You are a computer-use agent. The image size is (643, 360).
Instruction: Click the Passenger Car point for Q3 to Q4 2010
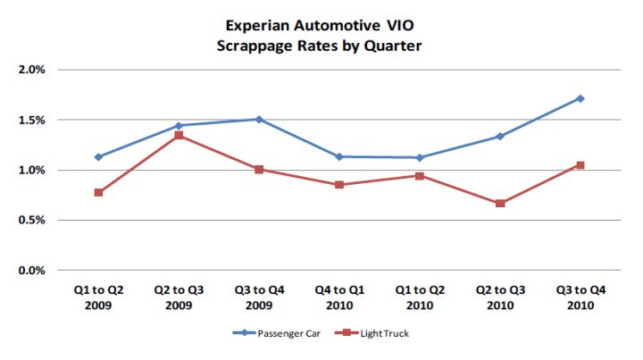click(580, 98)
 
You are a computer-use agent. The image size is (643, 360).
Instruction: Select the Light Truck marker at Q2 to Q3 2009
click(179, 135)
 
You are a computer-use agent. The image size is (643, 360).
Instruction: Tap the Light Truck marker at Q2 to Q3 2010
click(500, 204)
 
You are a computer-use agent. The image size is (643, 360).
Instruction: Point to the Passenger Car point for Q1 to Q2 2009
click(98, 157)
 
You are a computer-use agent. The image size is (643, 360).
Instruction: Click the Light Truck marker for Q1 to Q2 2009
click(98, 193)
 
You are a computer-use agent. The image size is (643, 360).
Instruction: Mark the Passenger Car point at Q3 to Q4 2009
click(259, 119)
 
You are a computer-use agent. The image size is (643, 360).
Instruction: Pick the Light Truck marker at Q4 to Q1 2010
click(339, 185)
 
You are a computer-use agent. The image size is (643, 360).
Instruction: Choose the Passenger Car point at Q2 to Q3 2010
click(500, 137)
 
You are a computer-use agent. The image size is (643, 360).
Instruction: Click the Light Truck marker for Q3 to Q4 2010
click(580, 165)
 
